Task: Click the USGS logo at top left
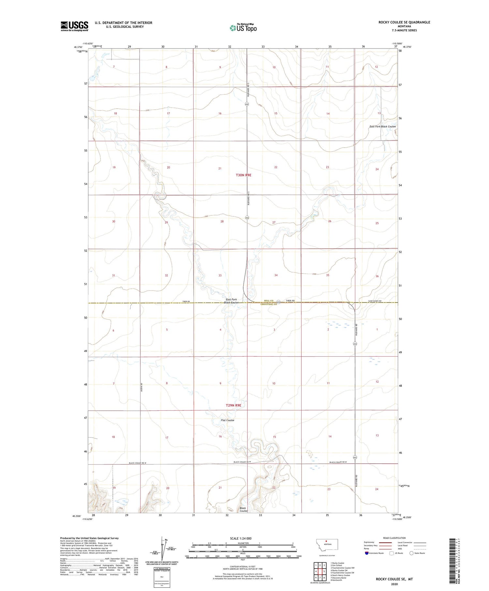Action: [x=74, y=26]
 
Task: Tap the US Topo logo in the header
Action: [x=243, y=28]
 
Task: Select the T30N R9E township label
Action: [x=244, y=175]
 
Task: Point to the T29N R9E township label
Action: [x=233, y=405]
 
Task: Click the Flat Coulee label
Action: [x=228, y=420]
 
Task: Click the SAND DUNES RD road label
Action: [x=375, y=301]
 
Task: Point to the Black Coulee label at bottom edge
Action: [x=243, y=510]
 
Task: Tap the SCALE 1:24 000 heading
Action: [x=243, y=539]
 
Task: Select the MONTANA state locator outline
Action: [x=327, y=544]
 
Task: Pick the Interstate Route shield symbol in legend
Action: [x=367, y=553]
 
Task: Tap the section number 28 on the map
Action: [x=222, y=221]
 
